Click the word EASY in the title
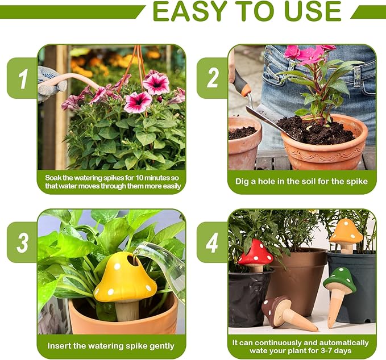pyautogui.click(x=189, y=11)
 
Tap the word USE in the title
pyautogui.click(x=313, y=11)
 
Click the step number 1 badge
pyautogui.click(x=23, y=78)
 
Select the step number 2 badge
pyautogui.click(x=213, y=78)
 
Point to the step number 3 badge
pyautogui.click(x=23, y=242)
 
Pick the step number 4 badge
pyautogui.click(x=212, y=242)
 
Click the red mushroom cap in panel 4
pyautogui.click(x=255, y=253)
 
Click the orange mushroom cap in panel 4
pyautogui.click(x=346, y=232)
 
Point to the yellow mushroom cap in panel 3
pyautogui.click(x=126, y=277)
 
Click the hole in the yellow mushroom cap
pyautogui.click(x=134, y=261)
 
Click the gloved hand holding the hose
pyautogui.click(x=51, y=83)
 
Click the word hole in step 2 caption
pyautogui.click(x=268, y=182)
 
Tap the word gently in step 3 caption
pyautogui.click(x=162, y=346)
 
